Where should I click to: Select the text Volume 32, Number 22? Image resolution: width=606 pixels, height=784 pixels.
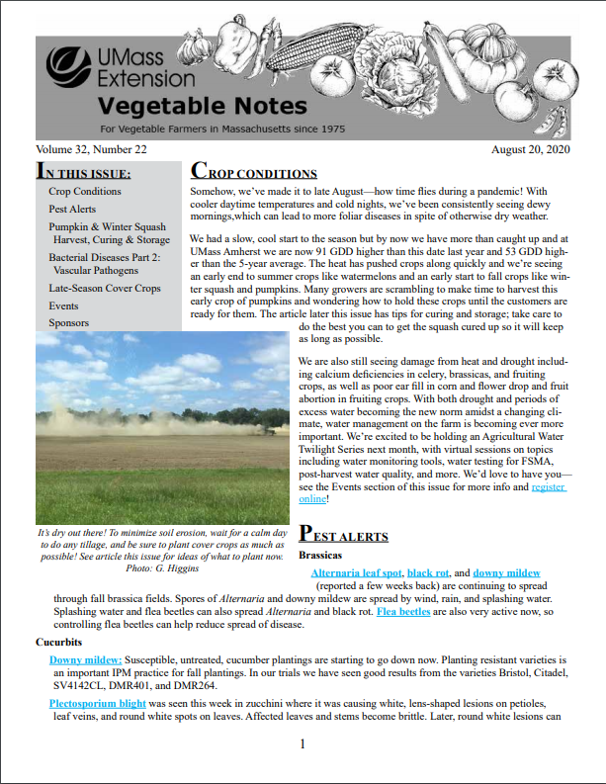[91, 148]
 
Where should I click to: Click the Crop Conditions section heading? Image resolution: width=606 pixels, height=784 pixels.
[254, 173]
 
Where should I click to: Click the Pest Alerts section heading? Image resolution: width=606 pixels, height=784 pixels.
[343, 535]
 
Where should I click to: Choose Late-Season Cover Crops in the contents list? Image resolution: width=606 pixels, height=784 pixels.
[104, 288]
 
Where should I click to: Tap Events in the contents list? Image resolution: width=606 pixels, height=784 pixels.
[63, 305]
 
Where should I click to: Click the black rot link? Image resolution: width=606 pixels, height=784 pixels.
[427, 572]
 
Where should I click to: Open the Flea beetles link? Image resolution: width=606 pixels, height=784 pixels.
[402, 611]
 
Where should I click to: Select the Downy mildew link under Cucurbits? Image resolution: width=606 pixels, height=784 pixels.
[85, 658]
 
